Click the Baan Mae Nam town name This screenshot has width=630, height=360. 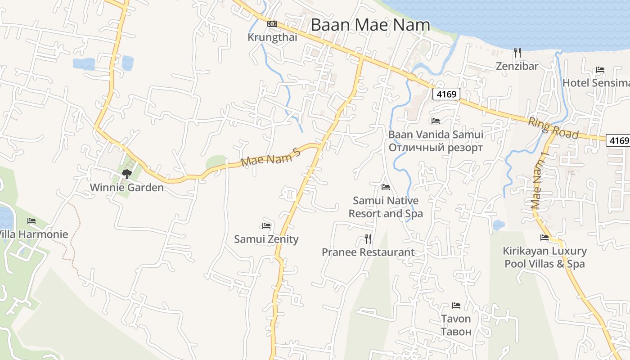point(370,25)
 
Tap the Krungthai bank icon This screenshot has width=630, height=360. point(272,24)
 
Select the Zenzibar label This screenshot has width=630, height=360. point(517,66)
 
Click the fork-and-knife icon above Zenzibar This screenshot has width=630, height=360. point(517,53)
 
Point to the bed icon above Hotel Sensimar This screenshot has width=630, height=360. point(600,70)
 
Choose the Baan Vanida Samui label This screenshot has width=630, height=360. point(436,135)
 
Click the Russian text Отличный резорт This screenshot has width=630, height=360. point(436,148)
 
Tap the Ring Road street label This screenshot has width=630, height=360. point(553,128)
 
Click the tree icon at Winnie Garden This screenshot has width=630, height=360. point(126,174)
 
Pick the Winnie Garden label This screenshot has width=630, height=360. point(126,187)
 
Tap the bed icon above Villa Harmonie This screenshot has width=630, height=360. point(31,221)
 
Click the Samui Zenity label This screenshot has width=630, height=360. point(266,239)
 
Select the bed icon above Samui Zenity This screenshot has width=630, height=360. point(266,225)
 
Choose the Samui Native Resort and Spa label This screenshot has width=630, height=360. point(386,207)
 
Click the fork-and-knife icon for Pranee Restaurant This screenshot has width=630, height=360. point(368,239)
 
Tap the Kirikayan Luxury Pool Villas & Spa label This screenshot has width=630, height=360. point(544,257)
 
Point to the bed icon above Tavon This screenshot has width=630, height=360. point(456,306)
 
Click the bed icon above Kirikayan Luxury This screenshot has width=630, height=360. point(544,238)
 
